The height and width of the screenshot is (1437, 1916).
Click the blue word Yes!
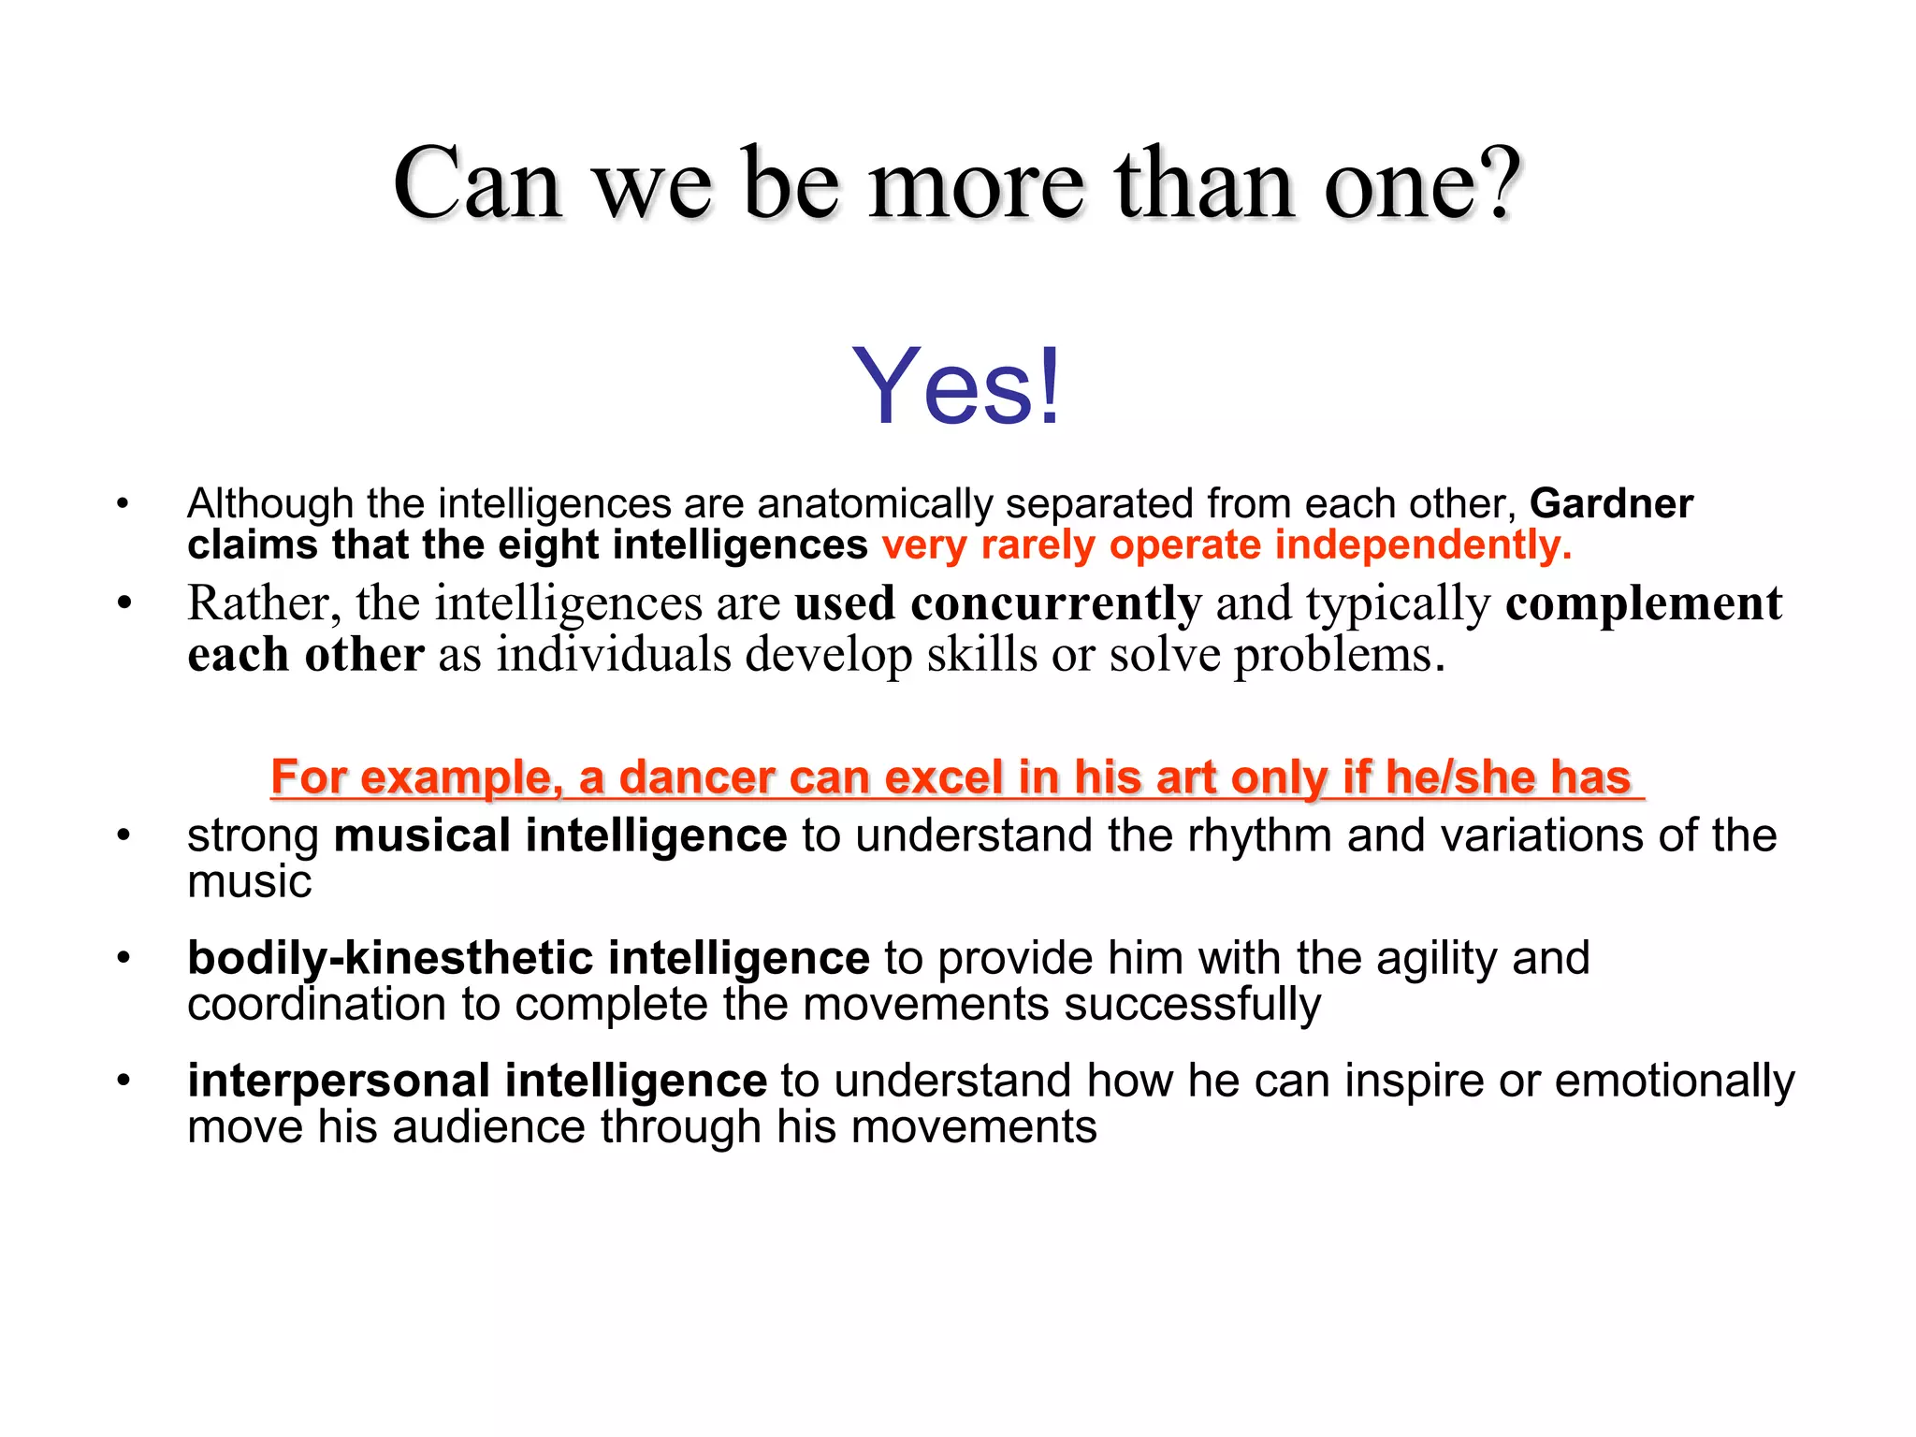point(956,386)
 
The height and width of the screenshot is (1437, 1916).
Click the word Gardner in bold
point(1611,504)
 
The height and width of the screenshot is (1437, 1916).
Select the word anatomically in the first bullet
point(875,504)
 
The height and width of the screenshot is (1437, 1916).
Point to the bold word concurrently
point(1056,603)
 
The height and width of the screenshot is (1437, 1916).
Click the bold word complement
point(1644,603)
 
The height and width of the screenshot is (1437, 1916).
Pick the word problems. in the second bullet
point(1339,655)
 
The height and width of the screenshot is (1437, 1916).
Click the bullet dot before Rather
point(123,603)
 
